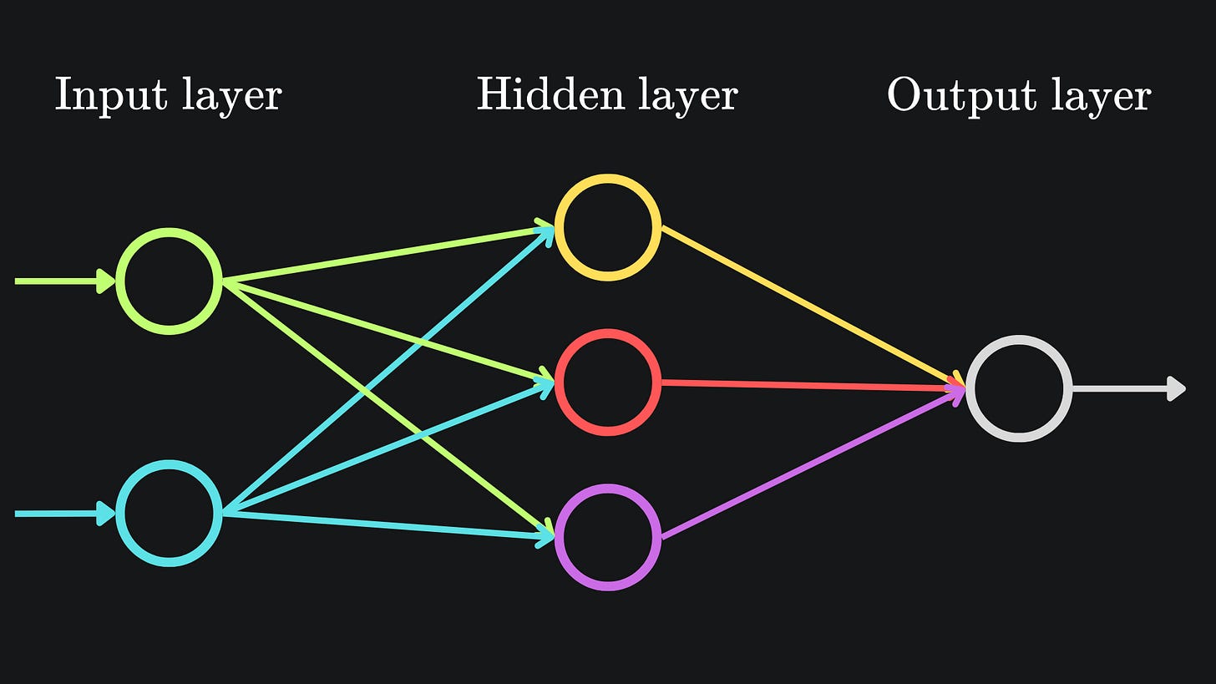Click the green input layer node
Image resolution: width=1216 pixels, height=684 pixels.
pyautogui.click(x=169, y=281)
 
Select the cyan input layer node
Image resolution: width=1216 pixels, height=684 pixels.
pyautogui.click(x=169, y=513)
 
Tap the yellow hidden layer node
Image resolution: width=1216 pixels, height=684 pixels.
pyautogui.click(x=607, y=227)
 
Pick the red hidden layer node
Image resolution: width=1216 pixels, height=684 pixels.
pyautogui.click(x=607, y=383)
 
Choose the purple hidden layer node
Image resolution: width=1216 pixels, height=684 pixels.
pyautogui.click(x=607, y=537)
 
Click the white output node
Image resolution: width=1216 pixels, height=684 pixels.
pyautogui.click(x=1019, y=388)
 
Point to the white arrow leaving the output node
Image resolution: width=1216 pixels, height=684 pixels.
pyautogui.click(x=1127, y=388)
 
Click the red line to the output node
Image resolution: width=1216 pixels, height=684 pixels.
pyautogui.click(x=810, y=385)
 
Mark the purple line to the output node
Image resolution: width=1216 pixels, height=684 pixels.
pyautogui.click(x=810, y=464)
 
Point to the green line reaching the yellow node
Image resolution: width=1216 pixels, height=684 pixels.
pyautogui.click(x=384, y=254)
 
